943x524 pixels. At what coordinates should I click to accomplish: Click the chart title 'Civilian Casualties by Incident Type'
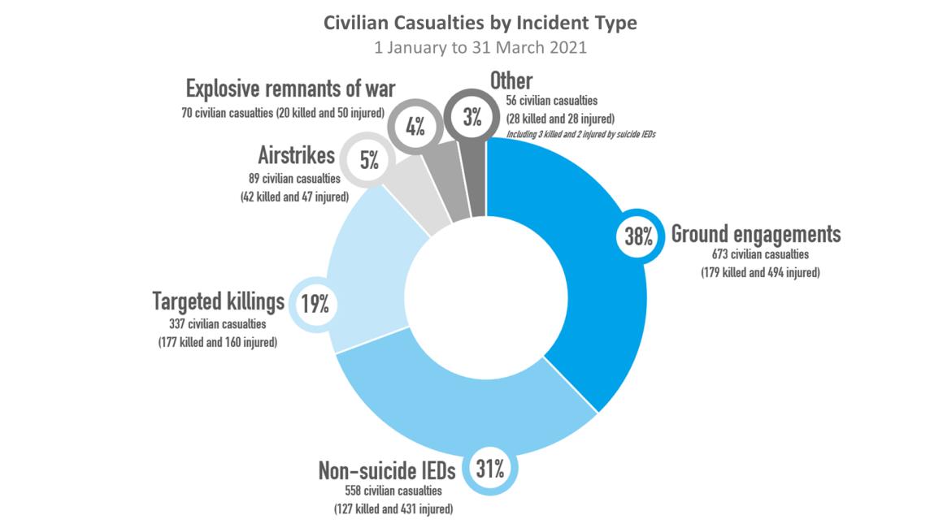point(480,23)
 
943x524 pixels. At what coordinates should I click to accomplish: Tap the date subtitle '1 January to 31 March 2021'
point(480,47)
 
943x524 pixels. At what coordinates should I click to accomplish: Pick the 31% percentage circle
point(490,468)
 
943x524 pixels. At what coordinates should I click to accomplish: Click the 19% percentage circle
point(315,305)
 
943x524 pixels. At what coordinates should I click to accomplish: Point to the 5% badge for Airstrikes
point(369,160)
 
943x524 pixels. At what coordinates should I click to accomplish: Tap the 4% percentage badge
point(415,127)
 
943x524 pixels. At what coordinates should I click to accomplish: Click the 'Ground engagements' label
point(755,235)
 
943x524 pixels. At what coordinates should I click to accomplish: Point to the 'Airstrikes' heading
point(296,154)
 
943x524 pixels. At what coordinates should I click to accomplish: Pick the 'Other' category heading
point(511,80)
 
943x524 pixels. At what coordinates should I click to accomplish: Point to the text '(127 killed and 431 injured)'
point(393,509)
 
